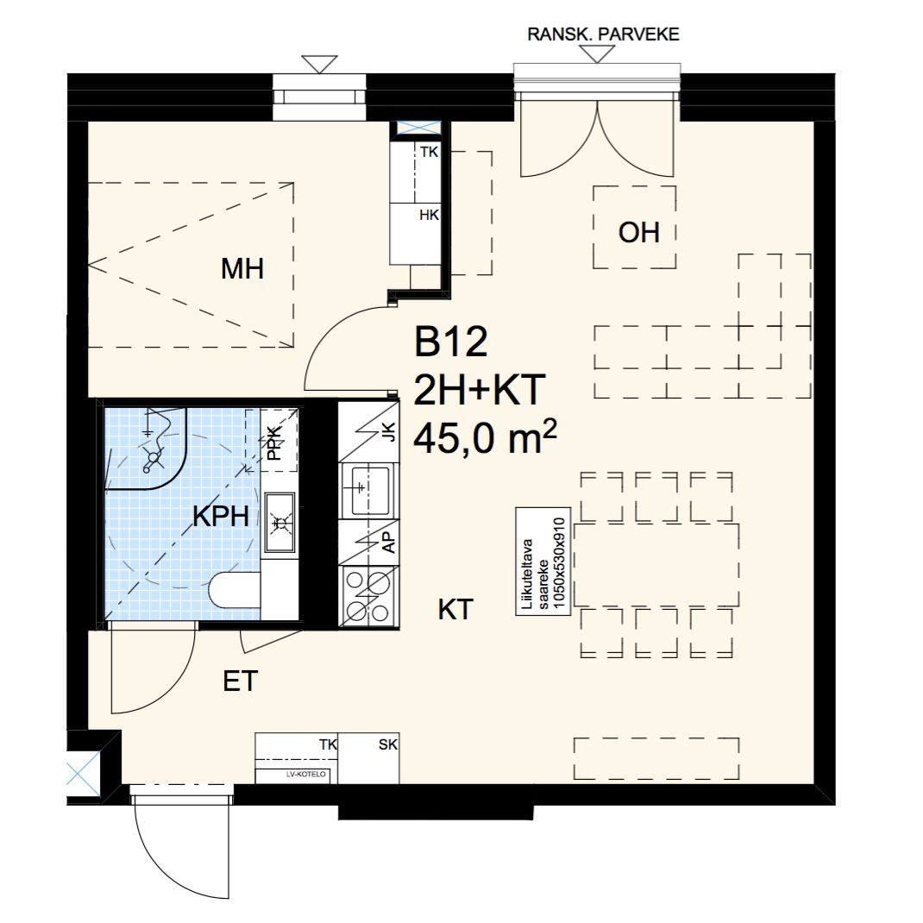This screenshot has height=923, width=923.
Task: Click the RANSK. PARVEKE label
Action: coord(603,35)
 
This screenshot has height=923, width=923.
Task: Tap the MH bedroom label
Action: coord(242,269)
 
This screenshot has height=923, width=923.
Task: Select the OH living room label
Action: coord(638,233)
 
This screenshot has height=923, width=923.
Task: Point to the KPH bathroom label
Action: coord(221,516)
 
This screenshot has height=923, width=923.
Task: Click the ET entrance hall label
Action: coord(240,681)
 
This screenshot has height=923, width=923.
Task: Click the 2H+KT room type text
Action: coord(479,390)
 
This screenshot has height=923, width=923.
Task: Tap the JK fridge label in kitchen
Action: coord(389,432)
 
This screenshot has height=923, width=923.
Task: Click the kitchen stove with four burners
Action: coord(369,596)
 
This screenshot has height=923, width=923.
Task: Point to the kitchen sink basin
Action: coord(369,491)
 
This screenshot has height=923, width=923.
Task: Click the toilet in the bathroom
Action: coord(235,591)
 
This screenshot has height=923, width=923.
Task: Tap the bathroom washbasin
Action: coord(279,522)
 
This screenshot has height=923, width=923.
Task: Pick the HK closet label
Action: coord(429,215)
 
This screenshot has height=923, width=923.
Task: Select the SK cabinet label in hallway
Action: coord(388,744)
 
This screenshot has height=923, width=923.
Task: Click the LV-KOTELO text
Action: coord(305,775)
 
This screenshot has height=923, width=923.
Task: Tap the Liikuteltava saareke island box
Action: coord(543,561)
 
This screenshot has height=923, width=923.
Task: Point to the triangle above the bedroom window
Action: coord(319,64)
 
